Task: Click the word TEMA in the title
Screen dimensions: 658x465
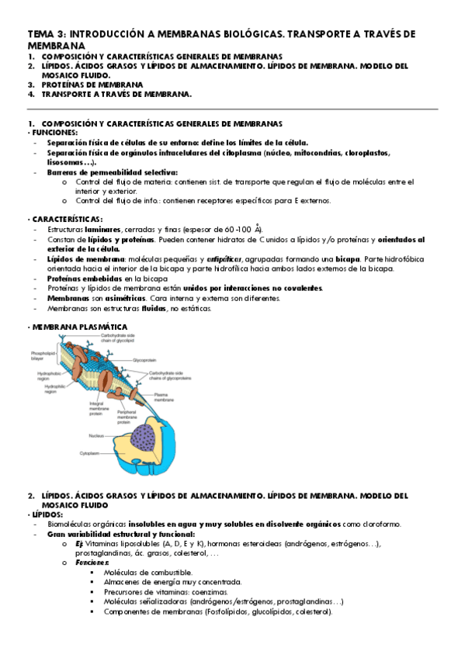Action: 37,34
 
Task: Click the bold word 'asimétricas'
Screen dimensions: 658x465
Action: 123,298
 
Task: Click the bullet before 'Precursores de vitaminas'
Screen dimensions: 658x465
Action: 92,592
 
